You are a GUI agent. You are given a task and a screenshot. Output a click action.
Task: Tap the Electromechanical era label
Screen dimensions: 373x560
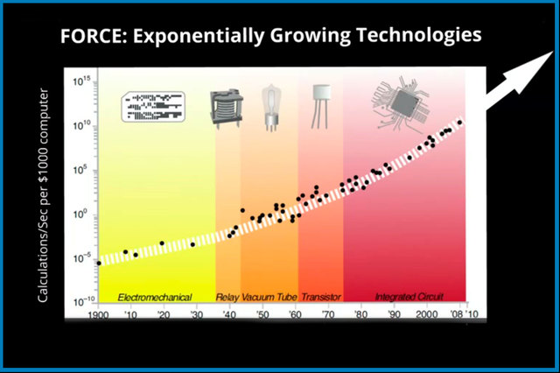click(x=154, y=297)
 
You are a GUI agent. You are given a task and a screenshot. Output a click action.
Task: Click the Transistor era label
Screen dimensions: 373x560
click(x=320, y=297)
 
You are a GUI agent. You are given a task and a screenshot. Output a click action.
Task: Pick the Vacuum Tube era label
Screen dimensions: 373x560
click(x=269, y=297)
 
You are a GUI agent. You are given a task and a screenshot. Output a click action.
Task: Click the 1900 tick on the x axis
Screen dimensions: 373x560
click(x=98, y=314)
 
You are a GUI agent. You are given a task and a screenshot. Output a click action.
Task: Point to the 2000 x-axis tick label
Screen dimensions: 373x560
click(x=426, y=314)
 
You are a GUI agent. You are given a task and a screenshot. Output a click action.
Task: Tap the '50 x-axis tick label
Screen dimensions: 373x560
click(x=262, y=314)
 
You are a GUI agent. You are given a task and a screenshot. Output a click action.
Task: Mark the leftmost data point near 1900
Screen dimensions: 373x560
click(x=99, y=262)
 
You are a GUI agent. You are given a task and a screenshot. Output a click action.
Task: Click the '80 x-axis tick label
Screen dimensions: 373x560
click(x=360, y=314)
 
